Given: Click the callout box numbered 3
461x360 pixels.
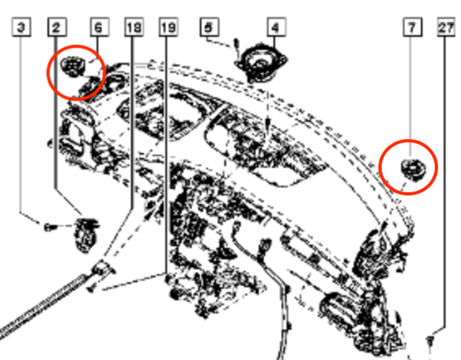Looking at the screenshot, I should pos(21,28).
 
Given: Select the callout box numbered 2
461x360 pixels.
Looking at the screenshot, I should pos(56,28).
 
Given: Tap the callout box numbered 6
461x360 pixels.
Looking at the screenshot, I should pos(98,28).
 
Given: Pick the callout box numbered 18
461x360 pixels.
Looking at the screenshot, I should pos(134,28).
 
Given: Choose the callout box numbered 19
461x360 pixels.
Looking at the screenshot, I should pos(168,28).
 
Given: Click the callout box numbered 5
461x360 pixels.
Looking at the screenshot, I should pos(209,28).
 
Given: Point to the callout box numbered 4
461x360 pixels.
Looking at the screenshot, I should pos(275,28).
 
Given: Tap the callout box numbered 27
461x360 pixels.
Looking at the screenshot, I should pos(446,28).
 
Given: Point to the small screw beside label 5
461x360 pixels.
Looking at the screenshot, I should pos(237,45).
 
